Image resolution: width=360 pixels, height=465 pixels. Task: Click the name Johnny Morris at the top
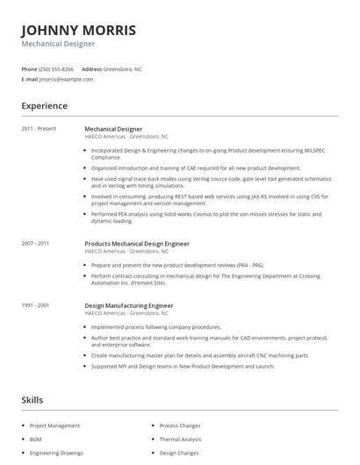(78, 29)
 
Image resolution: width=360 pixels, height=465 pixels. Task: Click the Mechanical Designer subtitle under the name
(58, 44)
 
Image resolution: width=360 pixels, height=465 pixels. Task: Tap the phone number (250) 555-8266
(57, 68)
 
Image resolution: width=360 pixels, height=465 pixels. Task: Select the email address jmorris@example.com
(66, 79)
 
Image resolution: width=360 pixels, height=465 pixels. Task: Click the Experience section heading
(44, 106)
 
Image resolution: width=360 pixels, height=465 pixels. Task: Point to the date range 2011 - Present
(39, 129)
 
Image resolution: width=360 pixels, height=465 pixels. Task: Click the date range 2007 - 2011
(35, 243)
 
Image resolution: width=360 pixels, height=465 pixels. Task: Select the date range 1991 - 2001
(35, 305)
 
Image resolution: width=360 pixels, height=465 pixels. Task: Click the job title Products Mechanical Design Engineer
(137, 243)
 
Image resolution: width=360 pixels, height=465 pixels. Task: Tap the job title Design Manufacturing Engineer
(128, 305)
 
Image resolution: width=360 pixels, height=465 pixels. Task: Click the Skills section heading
(32, 400)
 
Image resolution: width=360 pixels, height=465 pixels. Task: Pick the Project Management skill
(54, 426)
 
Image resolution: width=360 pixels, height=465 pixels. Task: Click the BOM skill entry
(36, 440)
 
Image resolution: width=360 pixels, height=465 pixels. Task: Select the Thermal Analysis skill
(180, 440)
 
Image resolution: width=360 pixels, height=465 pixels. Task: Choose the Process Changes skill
(181, 426)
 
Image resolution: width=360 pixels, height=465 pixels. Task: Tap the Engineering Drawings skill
(55, 454)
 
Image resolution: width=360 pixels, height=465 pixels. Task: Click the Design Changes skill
(179, 454)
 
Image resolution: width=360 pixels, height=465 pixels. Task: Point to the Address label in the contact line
(92, 68)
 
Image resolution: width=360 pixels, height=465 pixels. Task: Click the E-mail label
(29, 79)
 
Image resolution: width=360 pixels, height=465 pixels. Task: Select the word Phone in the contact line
(29, 68)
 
